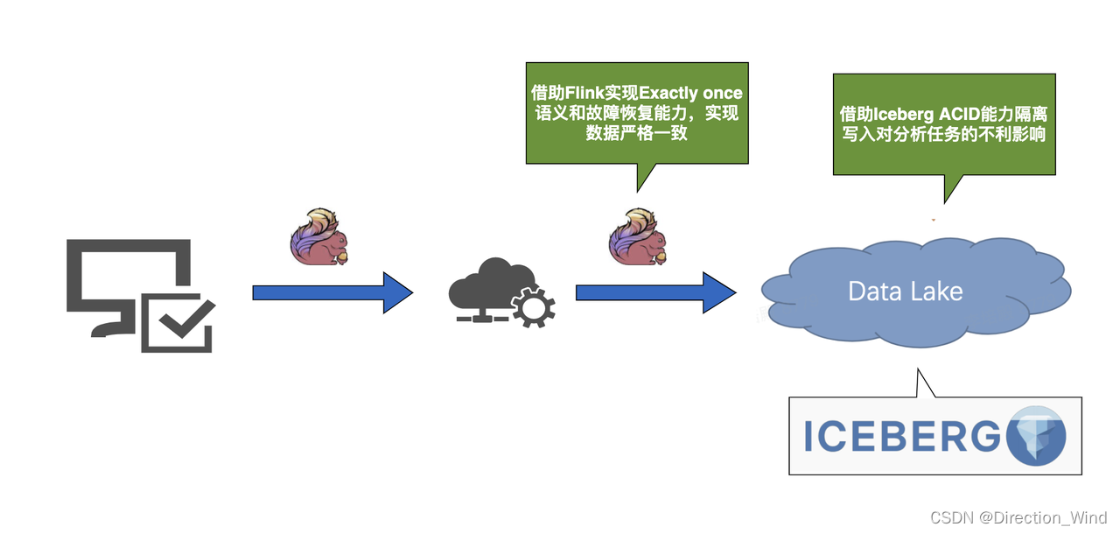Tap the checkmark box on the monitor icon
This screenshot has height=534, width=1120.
(177, 322)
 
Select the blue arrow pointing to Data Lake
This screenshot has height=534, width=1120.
(654, 292)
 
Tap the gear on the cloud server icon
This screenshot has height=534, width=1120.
(532, 309)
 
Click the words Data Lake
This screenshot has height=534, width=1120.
(906, 292)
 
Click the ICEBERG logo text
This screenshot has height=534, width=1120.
(901, 436)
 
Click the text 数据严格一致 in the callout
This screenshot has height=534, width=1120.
(636, 135)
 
